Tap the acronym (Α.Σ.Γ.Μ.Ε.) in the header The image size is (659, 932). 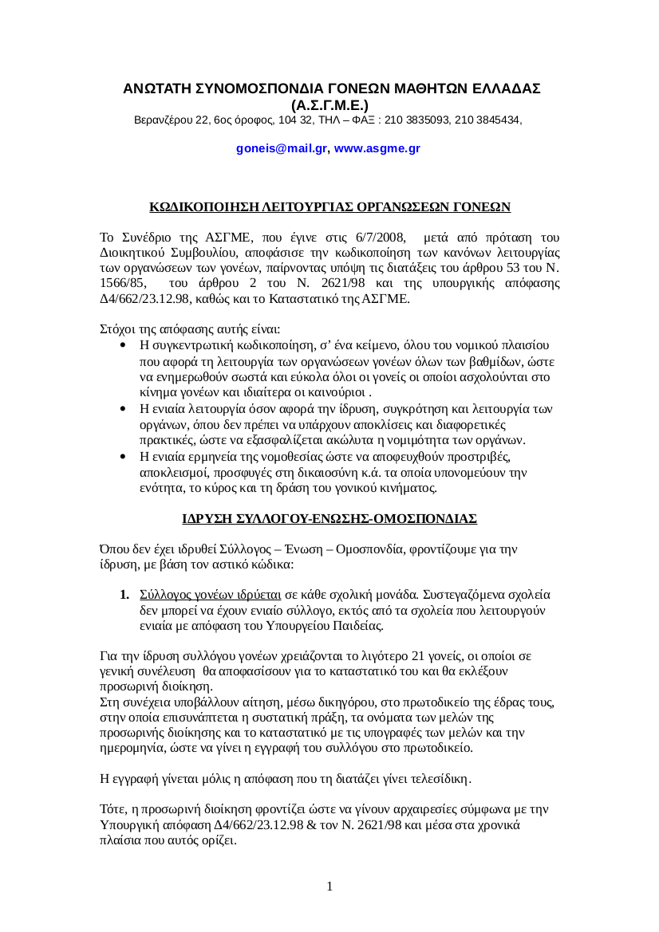pos(329,105)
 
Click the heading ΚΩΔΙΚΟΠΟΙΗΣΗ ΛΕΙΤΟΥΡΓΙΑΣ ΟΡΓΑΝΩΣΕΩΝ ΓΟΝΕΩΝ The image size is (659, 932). pos(329,207)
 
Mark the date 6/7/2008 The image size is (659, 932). pos(374,238)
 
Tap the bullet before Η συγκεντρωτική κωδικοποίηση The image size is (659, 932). pos(121,345)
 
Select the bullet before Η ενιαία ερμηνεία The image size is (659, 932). pos(121,457)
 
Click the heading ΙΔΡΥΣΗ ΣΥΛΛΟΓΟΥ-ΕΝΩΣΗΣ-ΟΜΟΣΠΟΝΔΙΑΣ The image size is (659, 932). pos(329,519)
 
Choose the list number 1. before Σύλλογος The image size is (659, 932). pos(124,595)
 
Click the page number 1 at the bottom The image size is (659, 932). pos(329,887)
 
